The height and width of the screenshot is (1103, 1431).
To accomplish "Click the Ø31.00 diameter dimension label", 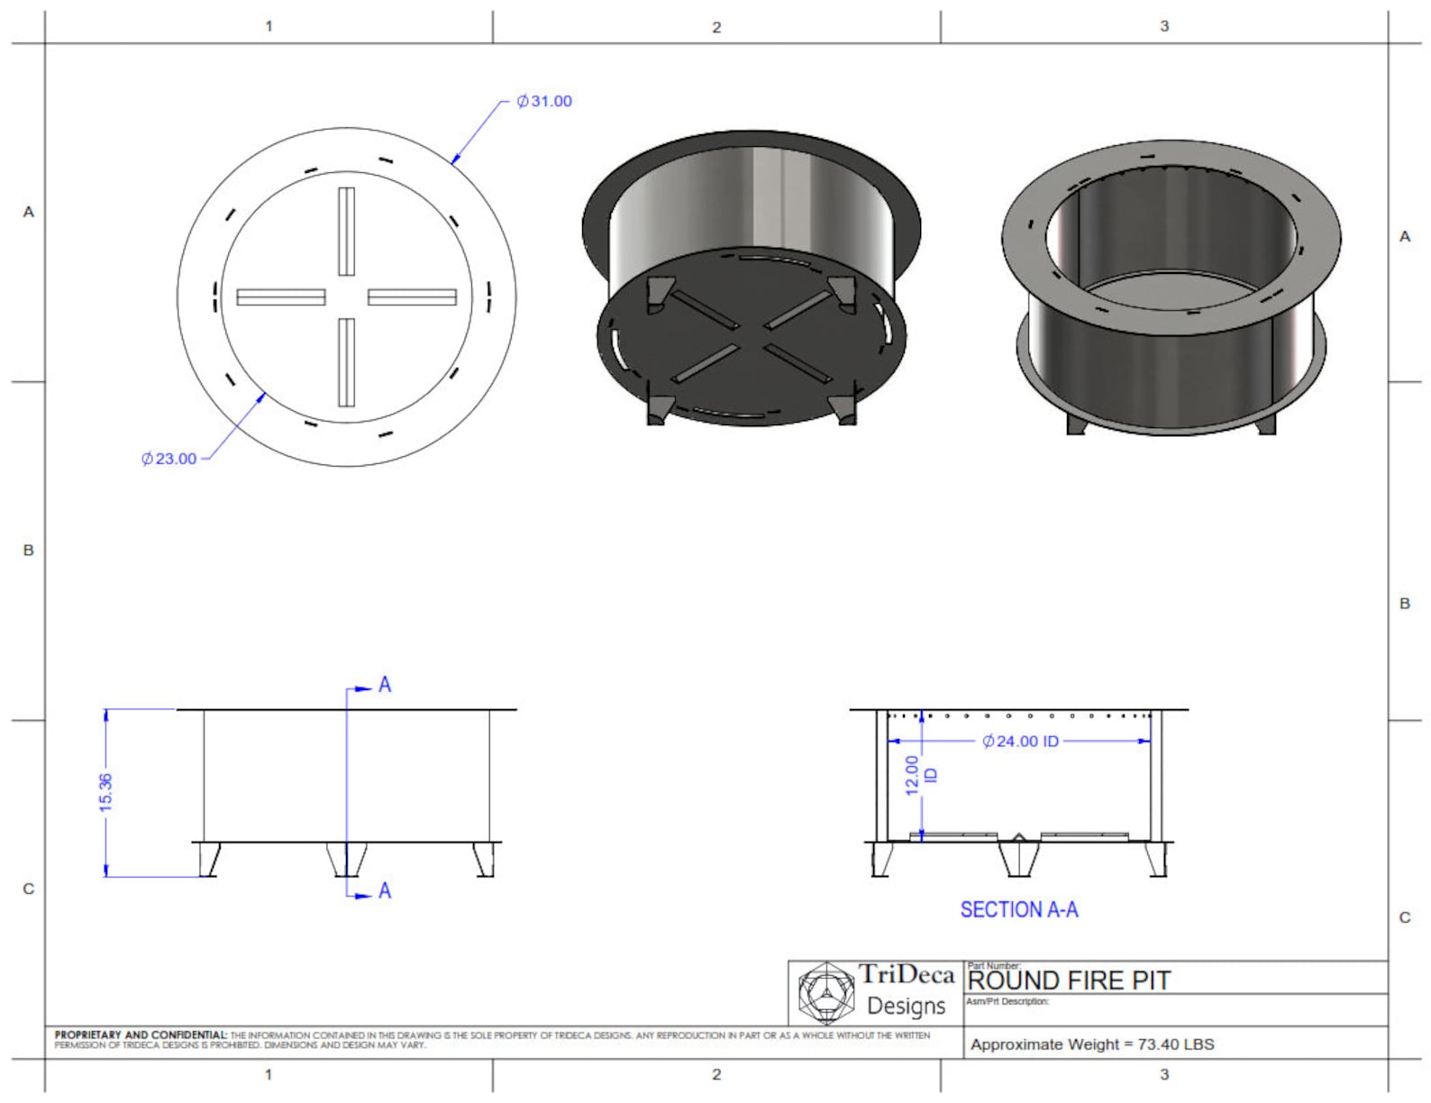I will [x=544, y=101].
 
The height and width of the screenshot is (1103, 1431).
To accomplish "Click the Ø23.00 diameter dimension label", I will [x=169, y=459].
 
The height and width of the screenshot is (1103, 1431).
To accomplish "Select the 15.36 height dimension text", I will [x=105, y=792].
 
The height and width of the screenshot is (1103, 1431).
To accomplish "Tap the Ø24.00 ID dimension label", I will [x=1021, y=741].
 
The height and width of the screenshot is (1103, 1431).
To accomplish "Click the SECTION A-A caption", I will [x=1018, y=910].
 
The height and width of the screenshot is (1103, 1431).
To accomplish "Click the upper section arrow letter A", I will [x=385, y=685].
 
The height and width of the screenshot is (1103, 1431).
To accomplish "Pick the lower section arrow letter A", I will [x=385, y=891].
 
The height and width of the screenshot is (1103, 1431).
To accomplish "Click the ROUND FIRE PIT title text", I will [x=1069, y=980].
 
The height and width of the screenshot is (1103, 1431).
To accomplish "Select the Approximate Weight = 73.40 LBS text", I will [x=1092, y=1044].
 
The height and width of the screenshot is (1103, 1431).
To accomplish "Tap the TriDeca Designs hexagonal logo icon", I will [x=825, y=992].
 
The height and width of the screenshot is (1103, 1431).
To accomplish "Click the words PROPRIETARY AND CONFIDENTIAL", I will [x=140, y=1035].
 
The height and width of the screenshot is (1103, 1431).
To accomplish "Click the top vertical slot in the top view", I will [x=346, y=231].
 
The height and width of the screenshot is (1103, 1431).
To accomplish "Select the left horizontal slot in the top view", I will [x=280, y=296].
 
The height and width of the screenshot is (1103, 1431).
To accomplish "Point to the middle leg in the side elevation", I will [x=346, y=859].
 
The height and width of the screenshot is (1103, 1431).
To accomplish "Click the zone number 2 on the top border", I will [x=716, y=27].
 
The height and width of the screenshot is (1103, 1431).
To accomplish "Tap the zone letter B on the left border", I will [x=28, y=550].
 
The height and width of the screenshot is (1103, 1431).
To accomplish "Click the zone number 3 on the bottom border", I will [x=1164, y=1074].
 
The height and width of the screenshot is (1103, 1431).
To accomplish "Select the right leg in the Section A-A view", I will [x=1156, y=859].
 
